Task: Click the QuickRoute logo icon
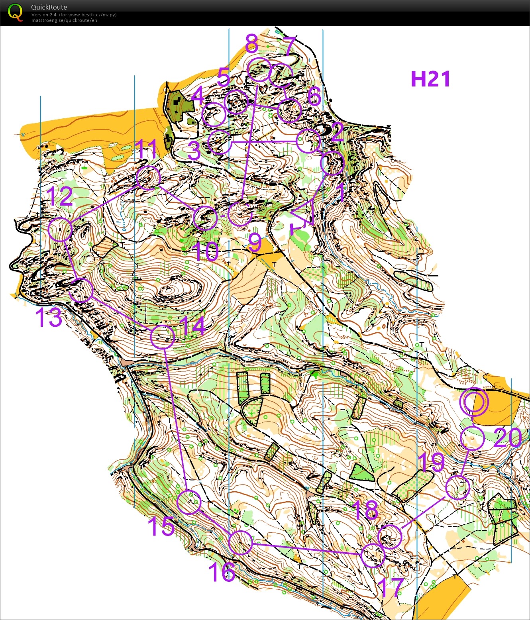pos(15,12)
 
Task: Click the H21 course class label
pos(430,79)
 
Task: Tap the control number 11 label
pos(147,149)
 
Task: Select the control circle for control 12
pos(60,230)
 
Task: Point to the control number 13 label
pos(49,317)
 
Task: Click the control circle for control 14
pos(163,337)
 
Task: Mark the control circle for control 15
pos(189,502)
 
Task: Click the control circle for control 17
pos(373,555)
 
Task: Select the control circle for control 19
pos(457,487)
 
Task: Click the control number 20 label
pos(508,438)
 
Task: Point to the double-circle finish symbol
pos(473,402)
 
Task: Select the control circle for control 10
pos(205,218)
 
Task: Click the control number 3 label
pos(194,151)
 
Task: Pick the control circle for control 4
pos(214,114)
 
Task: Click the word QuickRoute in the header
pos(49,7)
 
